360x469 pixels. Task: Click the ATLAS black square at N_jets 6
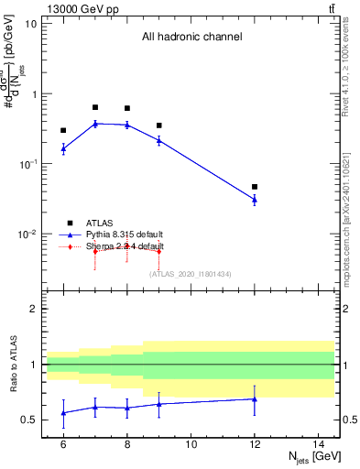point(63,130)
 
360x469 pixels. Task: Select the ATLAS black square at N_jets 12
point(255,187)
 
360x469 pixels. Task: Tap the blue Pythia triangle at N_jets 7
point(95,123)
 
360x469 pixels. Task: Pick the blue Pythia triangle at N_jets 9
point(159,140)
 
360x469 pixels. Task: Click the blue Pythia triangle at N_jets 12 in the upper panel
point(255,199)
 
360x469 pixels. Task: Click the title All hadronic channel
point(191,38)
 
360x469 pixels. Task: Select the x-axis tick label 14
point(319,443)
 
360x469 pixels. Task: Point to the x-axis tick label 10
point(191,443)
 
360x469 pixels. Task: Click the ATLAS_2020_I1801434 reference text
point(191,274)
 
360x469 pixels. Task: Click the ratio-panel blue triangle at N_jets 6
point(63,413)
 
